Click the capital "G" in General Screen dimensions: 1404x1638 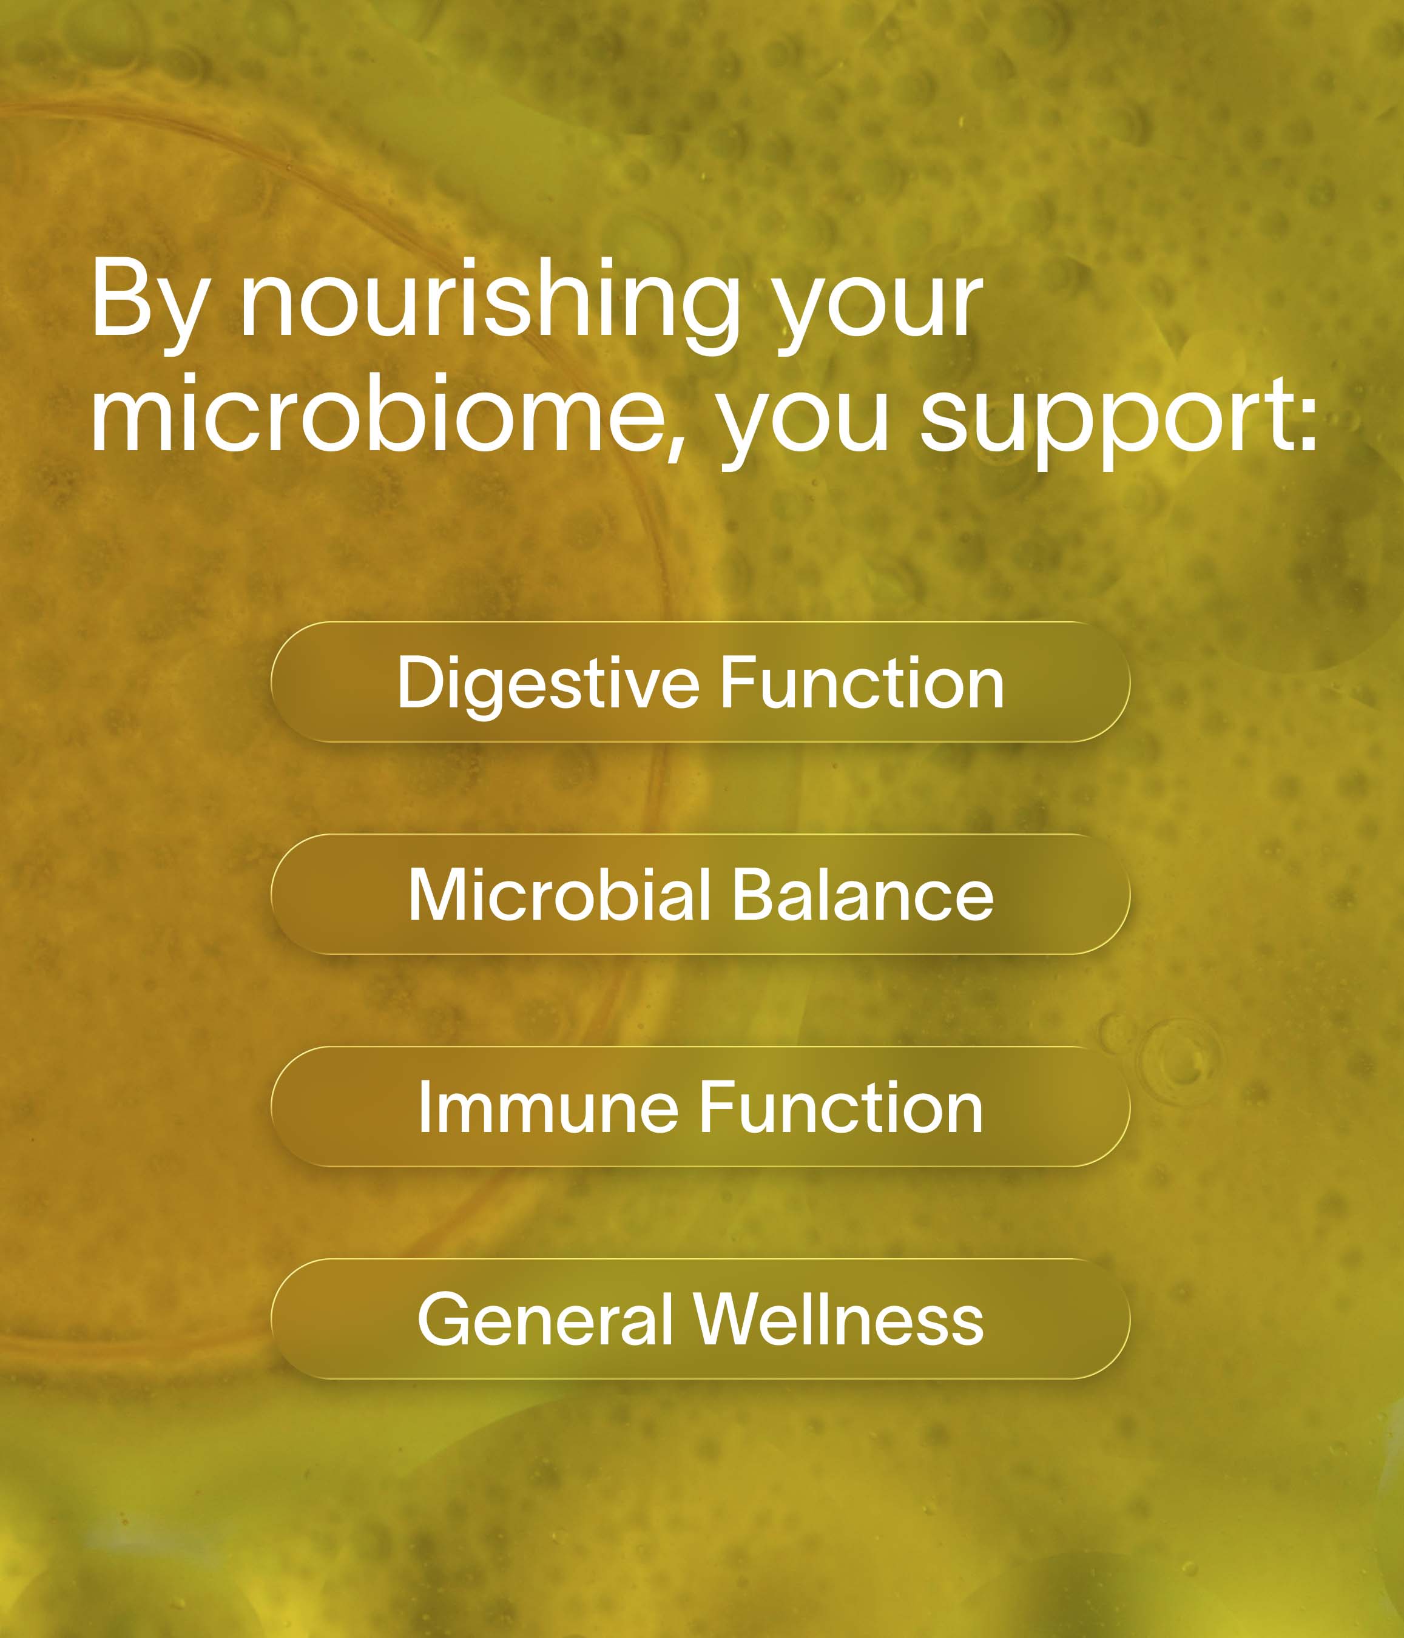(x=445, y=1319)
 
